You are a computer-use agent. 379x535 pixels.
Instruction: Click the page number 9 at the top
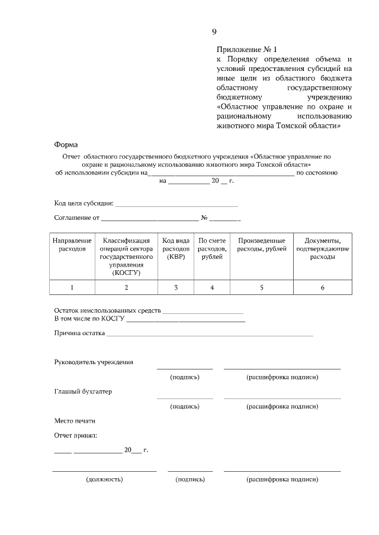click(214, 31)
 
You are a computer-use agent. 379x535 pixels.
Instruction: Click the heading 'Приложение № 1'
click(247, 50)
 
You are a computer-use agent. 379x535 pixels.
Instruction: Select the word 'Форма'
click(66, 144)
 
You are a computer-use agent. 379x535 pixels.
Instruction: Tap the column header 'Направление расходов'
click(72, 245)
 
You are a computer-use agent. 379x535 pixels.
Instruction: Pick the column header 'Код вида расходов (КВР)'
click(176, 249)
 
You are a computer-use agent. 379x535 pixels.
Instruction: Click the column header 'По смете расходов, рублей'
click(212, 249)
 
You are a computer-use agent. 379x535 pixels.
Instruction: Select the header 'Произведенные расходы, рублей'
click(261, 245)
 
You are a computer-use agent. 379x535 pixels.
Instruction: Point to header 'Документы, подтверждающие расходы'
click(322, 249)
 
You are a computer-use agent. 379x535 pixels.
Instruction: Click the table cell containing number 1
click(72, 287)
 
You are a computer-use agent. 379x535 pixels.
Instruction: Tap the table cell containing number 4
click(212, 287)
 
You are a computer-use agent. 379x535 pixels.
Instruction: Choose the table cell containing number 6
click(322, 287)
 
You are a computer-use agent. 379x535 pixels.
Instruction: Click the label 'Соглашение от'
click(76, 218)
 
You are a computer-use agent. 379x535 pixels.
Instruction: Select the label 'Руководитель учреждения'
click(93, 362)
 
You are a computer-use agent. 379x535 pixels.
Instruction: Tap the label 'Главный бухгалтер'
click(83, 391)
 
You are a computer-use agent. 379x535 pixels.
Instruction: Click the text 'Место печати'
click(74, 421)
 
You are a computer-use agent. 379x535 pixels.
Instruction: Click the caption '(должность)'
click(104, 479)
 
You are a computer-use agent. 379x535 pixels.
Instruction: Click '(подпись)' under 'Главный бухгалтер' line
click(185, 407)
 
